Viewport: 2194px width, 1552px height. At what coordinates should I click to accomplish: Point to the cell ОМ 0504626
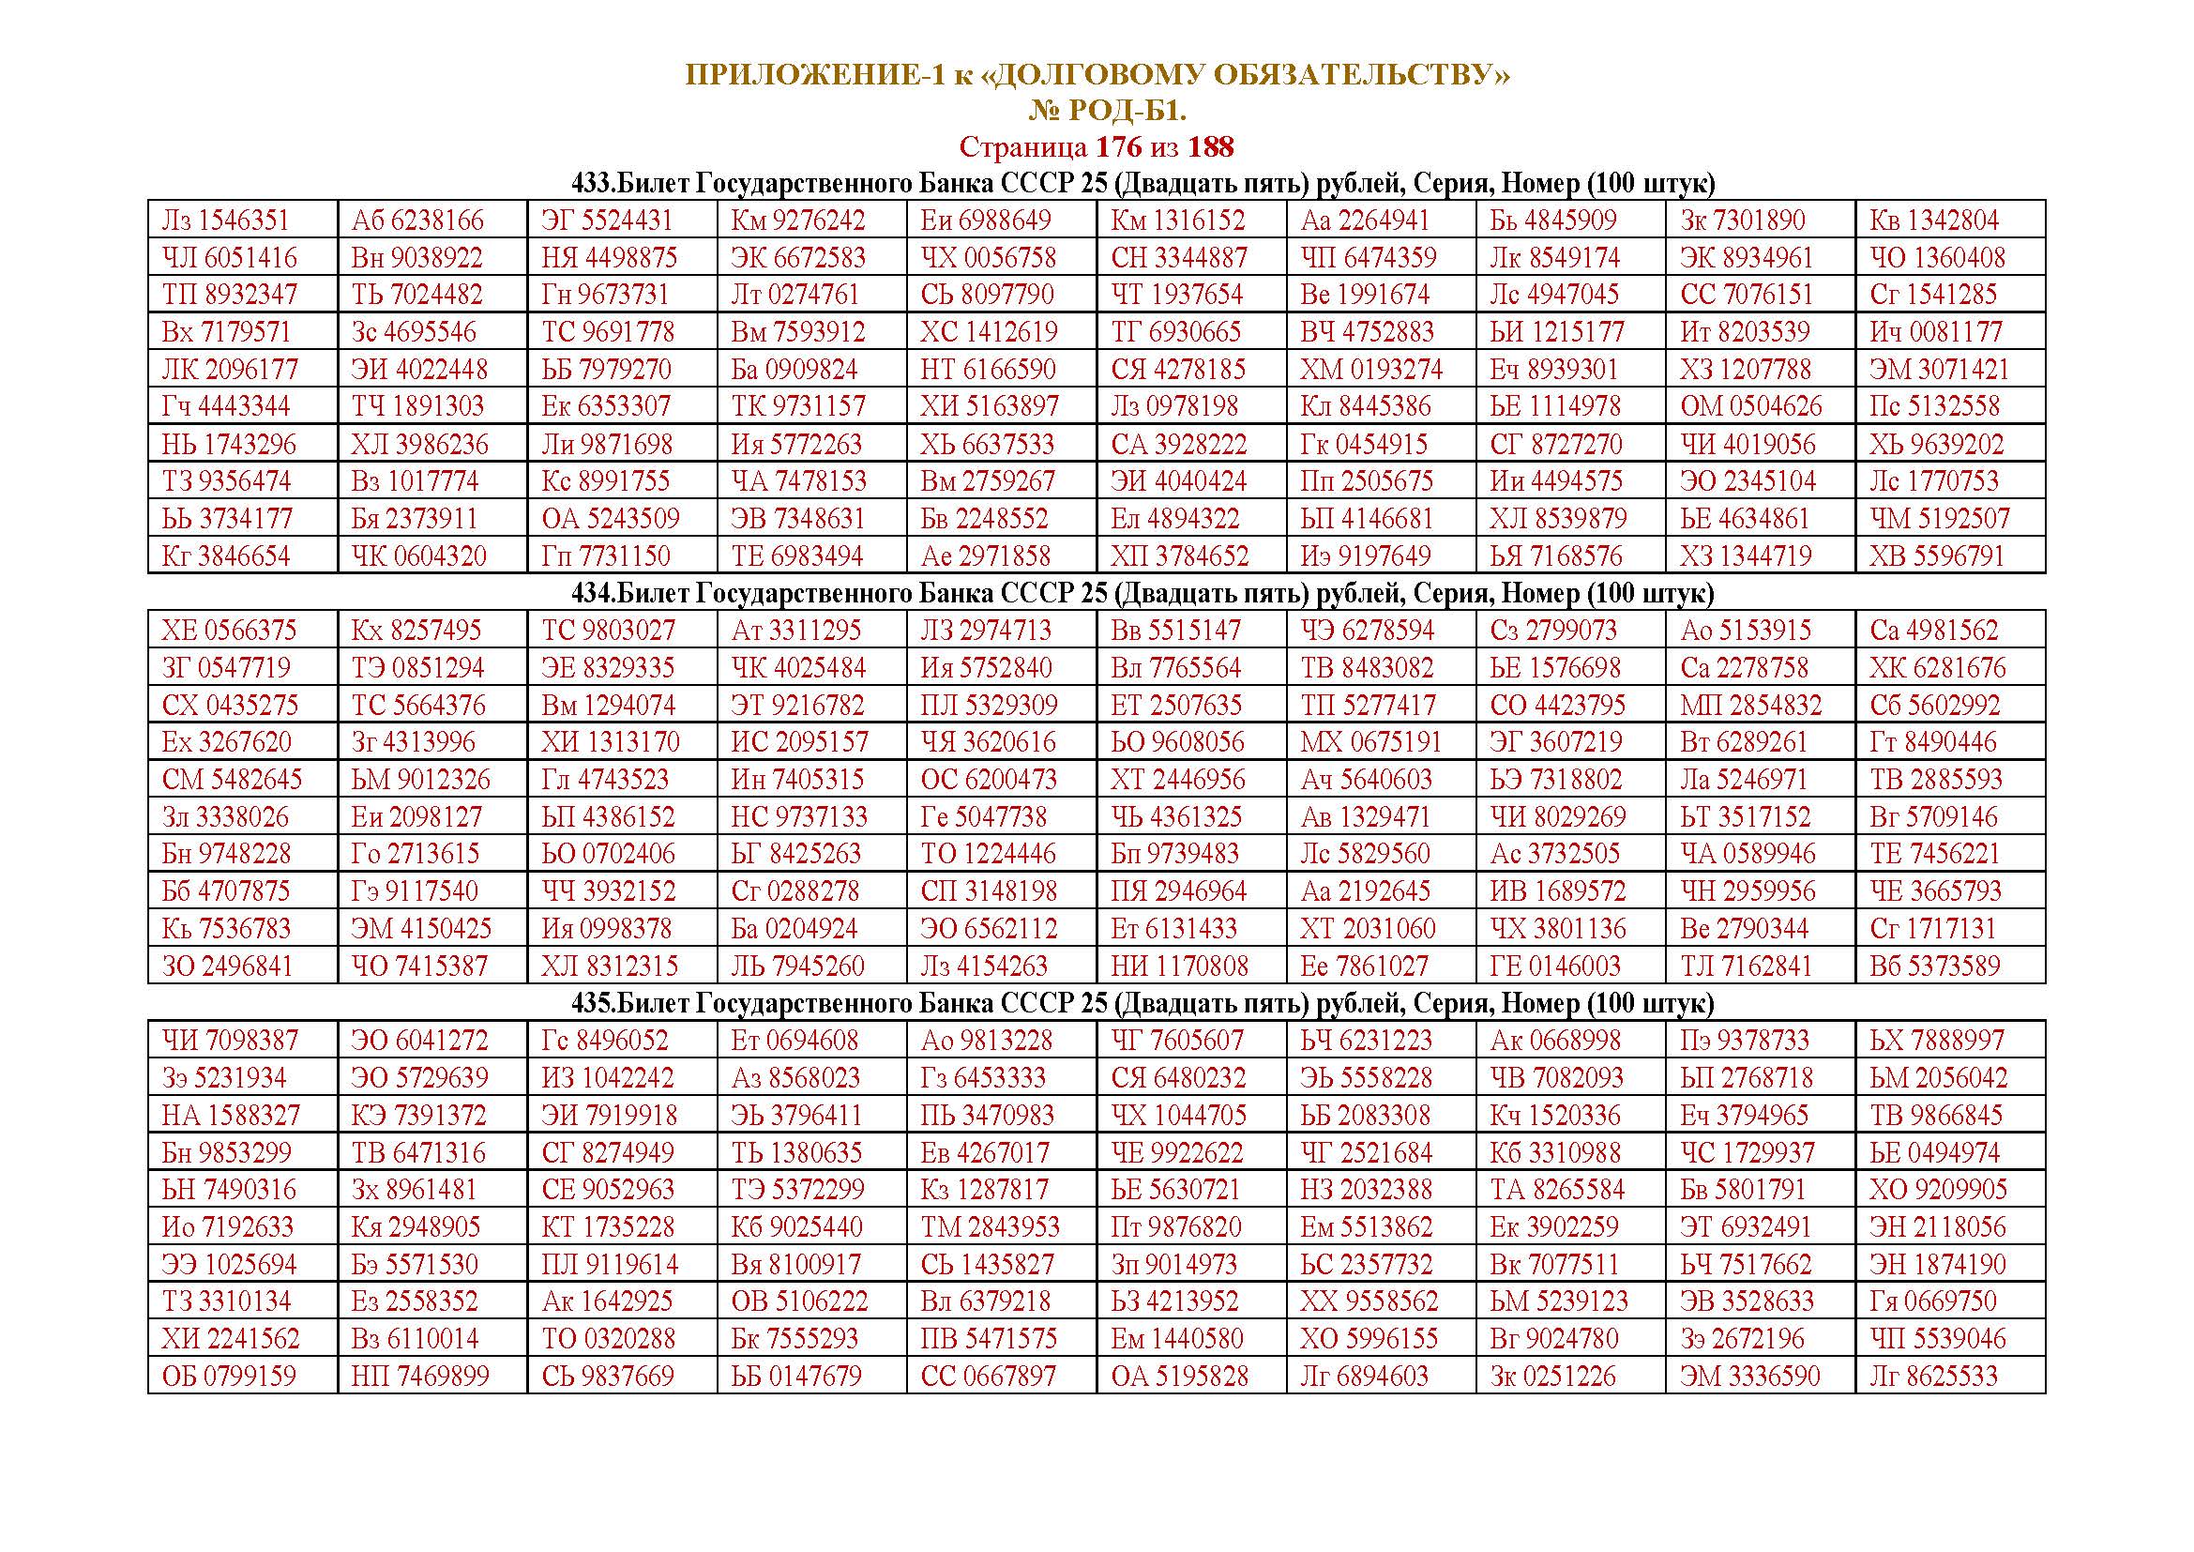pos(1751,406)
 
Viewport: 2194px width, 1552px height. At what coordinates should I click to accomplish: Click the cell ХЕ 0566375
pos(229,631)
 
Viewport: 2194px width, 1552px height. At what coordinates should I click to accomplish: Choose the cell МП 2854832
pos(1751,706)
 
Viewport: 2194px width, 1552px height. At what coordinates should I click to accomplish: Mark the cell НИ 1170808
pos(1179,966)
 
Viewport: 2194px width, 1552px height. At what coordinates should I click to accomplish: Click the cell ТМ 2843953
pos(991,1227)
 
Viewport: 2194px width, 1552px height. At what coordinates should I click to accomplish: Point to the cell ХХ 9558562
pos(1369,1301)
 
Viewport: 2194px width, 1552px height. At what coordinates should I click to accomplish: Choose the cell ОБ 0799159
pos(229,1377)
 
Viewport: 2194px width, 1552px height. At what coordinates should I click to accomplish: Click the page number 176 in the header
pos(1118,147)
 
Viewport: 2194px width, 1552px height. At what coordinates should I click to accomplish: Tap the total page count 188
pos(1211,147)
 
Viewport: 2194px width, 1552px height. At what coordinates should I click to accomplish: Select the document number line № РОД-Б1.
pos(1108,112)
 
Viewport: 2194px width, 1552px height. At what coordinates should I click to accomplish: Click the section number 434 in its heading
pos(591,593)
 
